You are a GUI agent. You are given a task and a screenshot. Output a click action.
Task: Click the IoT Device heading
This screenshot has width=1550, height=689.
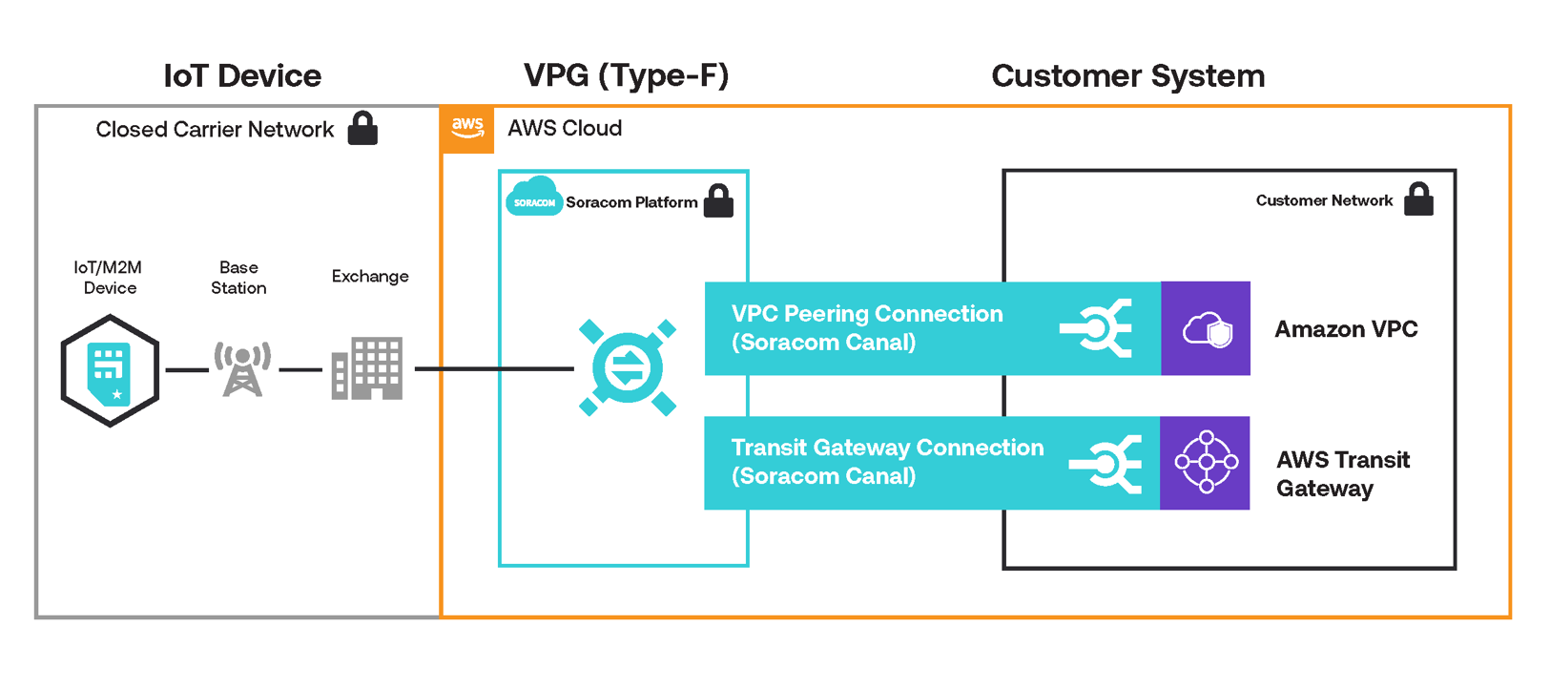click(x=242, y=76)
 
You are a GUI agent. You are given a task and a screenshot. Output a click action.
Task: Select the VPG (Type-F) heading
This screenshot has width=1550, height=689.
click(x=626, y=75)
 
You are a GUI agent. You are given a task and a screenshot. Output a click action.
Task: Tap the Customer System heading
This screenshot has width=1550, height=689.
click(x=1127, y=76)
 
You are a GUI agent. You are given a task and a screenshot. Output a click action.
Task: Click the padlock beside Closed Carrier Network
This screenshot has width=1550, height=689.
click(x=362, y=128)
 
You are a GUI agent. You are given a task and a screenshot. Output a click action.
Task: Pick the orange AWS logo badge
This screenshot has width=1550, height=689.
click(x=467, y=129)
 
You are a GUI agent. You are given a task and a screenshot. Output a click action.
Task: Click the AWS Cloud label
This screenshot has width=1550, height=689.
click(x=565, y=129)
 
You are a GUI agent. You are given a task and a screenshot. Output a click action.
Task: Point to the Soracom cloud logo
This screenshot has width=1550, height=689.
click(x=533, y=198)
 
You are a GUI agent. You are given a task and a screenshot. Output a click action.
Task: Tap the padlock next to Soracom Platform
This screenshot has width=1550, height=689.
click(x=718, y=200)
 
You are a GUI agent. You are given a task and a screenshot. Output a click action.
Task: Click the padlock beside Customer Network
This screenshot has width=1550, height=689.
click(x=1418, y=199)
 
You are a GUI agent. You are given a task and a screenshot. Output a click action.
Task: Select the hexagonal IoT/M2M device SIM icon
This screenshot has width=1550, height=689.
click(x=110, y=370)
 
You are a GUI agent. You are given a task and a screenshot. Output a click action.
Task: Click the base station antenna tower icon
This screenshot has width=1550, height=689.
click(x=242, y=368)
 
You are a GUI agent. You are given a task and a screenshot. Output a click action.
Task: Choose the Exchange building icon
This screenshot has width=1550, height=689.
click(x=367, y=368)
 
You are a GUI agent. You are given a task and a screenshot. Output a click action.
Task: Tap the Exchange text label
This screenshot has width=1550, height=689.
click(x=370, y=277)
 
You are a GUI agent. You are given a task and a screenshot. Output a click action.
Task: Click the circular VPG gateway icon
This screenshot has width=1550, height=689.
click(x=627, y=368)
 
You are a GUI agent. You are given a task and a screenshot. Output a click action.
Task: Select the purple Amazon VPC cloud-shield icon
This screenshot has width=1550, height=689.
click(x=1206, y=329)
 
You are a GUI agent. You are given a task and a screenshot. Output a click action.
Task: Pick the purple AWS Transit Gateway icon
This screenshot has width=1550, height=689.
click(x=1206, y=463)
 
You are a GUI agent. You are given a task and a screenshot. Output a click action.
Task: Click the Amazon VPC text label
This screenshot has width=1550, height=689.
click(x=1346, y=329)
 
